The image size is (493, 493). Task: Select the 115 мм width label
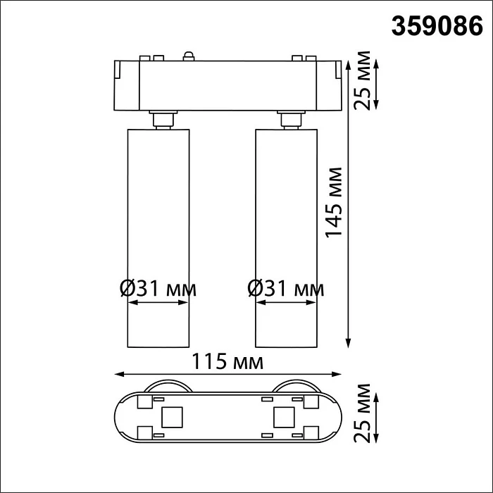click(228, 362)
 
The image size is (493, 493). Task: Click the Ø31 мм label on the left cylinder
click(158, 288)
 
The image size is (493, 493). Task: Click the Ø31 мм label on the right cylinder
click(286, 288)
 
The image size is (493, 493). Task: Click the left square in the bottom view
click(172, 417)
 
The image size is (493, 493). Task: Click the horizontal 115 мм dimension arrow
click(228, 375)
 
